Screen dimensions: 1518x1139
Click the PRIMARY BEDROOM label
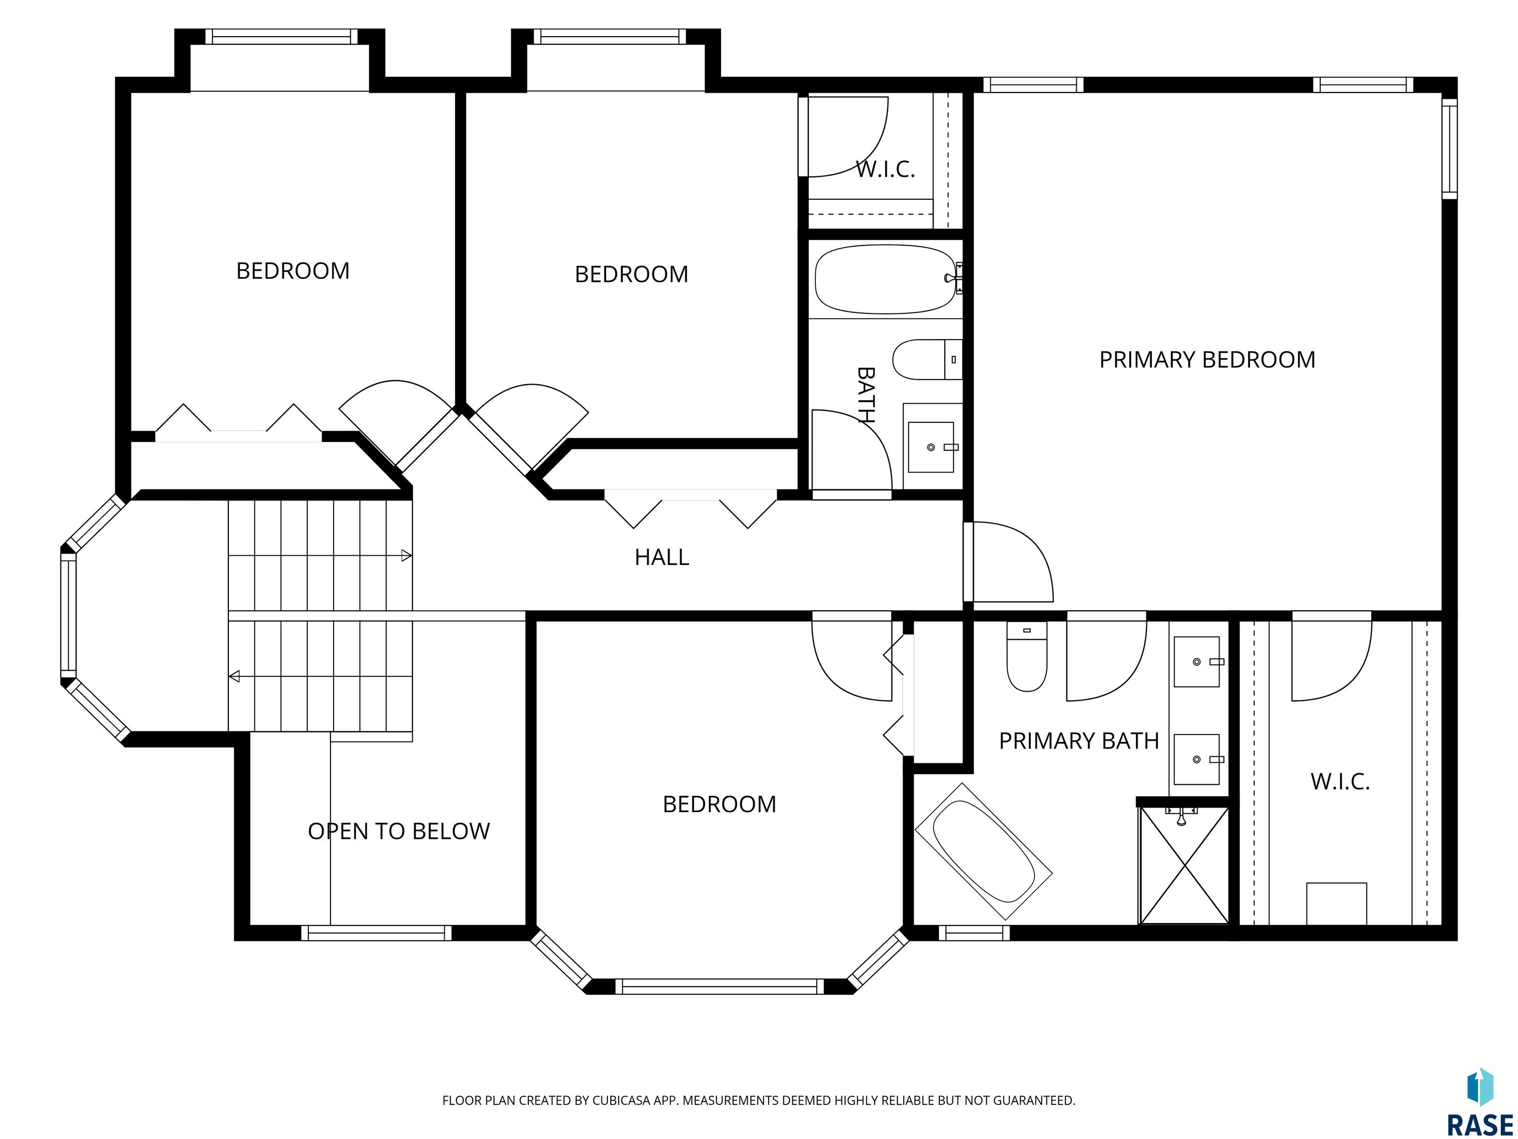(1207, 360)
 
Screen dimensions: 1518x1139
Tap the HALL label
(662, 557)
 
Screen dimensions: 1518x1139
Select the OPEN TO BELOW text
(399, 832)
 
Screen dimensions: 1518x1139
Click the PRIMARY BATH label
(1079, 741)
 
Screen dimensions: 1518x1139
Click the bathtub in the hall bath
(885, 279)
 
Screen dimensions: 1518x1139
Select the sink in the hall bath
(931, 447)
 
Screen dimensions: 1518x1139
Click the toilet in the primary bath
(1027, 657)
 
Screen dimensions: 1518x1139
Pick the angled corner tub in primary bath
(983, 851)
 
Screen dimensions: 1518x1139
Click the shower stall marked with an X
(1184, 865)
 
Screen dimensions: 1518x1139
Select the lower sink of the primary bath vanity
(1197, 759)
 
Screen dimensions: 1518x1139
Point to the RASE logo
(1480, 1102)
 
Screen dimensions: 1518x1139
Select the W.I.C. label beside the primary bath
(1340, 781)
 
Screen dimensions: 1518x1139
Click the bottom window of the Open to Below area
(376, 933)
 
